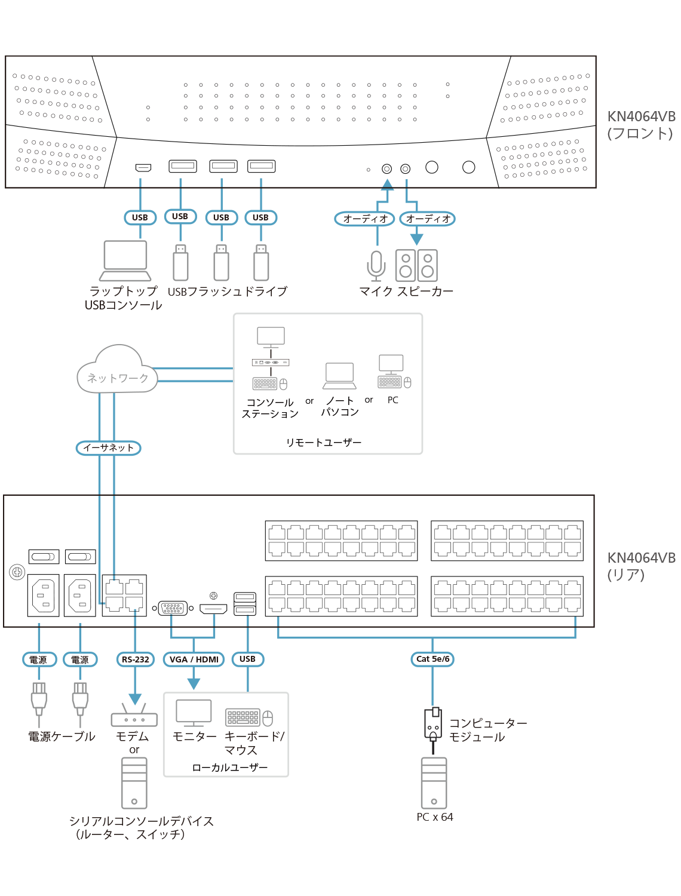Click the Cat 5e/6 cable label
pos(432,659)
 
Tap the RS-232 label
pos(135,659)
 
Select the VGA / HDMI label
pos(194,659)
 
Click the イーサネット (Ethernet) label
pos(108,447)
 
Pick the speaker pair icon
pos(416,265)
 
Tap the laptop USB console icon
pos(125,260)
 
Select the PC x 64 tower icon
pos(434,783)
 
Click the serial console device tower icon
pos(134,783)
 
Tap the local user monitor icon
pos(194,713)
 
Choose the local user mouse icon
pos(268,718)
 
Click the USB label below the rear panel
pos(247,659)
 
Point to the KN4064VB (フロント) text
pos(640,125)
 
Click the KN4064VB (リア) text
pos(640,566)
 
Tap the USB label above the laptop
pos(140,217)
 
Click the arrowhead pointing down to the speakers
pos(416,239)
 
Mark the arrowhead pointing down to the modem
pos(135,699)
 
